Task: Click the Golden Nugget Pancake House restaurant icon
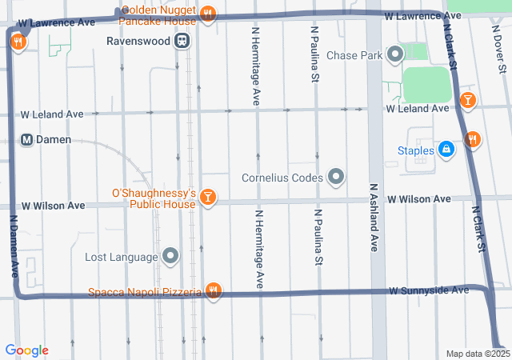coord(208,14)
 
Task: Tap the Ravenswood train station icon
coord(183,40)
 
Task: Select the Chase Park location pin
coord(395,54)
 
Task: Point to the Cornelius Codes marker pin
coord(337,176)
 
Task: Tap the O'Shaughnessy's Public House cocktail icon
coord(207,196)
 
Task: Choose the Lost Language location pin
coord(170,256)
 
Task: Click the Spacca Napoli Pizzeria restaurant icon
coord(213,290)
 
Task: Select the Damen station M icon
coord(26,139)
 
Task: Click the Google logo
coord(26,350)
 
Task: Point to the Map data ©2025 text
coord(478,354)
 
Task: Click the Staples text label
coord(416,150)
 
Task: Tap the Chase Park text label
coord(354,56)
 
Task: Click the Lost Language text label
coord(122,258)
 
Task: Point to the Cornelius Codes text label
coord(282,178)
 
